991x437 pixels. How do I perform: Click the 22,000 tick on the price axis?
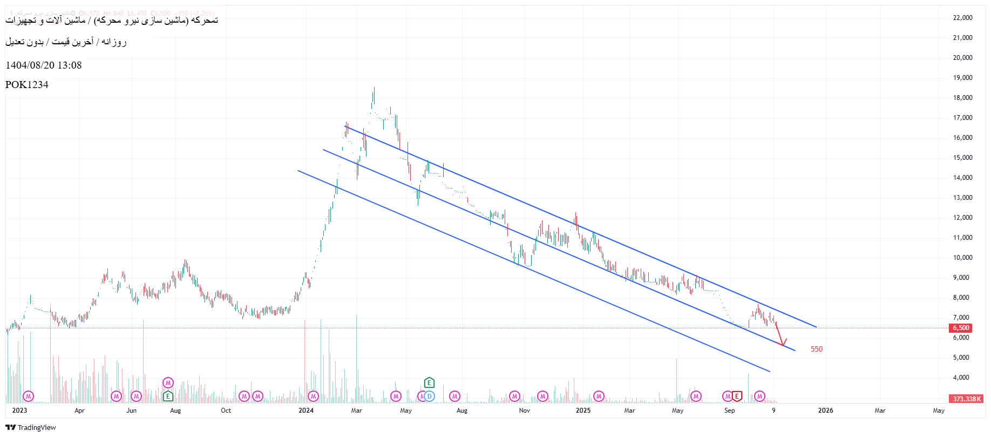(x=962, y=18)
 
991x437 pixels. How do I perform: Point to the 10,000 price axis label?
(x=962, y=258)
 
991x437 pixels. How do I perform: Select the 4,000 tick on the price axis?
(x=962, y=378)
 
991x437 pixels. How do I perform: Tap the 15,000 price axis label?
(x=962, y=158)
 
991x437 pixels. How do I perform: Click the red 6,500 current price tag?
(x=960, y=328)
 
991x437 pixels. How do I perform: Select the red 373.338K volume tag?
(x=966, y=399)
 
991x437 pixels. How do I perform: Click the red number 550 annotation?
(x=816, y=349)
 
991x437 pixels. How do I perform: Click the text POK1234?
(x=27, y=85)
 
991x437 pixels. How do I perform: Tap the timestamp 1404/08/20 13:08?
(x=44, y=65)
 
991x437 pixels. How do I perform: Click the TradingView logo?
(x=31, y=427)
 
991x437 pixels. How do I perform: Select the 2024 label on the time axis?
(x=306, y=411)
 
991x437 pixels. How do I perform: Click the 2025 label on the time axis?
(x=583, y=411)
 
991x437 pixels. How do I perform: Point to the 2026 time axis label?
(x=825, y=411)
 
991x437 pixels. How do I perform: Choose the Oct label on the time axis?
(x=226, y=411)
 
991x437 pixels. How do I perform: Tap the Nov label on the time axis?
(x=524, y=411)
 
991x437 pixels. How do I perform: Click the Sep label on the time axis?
(x=729, y=411)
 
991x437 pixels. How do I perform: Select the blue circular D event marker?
(x=430, y=396)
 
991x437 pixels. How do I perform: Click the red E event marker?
(x=737, y=396)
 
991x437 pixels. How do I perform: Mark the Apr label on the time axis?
(x=79, y=411)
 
